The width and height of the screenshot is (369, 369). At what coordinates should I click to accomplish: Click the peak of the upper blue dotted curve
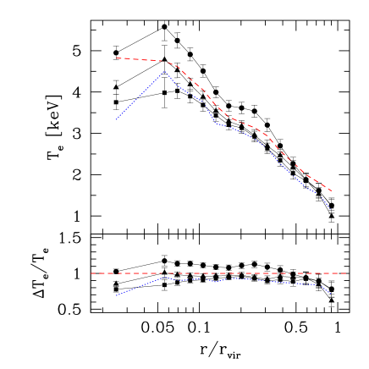point(165,72)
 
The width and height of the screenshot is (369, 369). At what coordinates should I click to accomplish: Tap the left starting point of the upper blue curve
point(116,120)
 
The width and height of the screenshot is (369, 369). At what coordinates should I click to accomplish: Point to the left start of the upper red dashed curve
point(116,58)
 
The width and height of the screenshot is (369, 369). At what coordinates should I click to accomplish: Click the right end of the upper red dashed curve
point(332,191)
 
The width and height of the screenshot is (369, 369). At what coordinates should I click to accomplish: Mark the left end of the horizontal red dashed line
point(91,273)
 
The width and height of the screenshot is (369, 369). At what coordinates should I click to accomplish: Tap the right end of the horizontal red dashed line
point(346,273)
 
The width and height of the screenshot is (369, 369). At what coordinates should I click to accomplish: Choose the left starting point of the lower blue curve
point(116,295)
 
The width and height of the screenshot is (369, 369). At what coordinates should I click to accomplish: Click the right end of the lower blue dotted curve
point(332,295)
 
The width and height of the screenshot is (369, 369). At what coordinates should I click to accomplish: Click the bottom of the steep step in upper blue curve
point(215,123)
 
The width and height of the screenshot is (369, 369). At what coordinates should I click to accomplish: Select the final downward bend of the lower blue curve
point(320,285)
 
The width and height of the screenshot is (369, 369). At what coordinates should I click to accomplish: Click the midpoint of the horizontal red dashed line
point(218,273)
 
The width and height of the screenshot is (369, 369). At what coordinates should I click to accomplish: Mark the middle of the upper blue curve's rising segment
point(140,96)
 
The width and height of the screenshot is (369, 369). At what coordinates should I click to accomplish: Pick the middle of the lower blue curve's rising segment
point(140,286)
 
